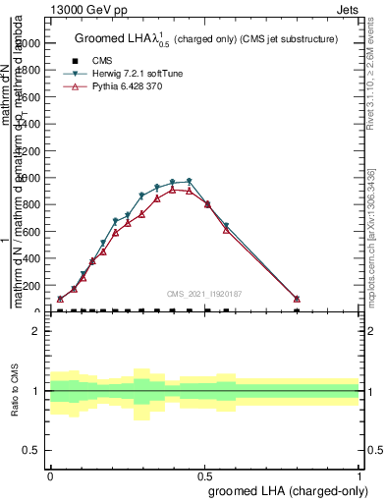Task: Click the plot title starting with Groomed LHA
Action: pyautogui.click(x=206, y=39)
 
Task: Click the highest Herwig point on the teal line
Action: pyautogui.click(x=189, y=181)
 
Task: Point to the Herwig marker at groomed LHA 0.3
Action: pyautogui.click(x=142, y=196)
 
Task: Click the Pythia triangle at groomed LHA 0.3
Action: pyautogui.click(x=142, y=213)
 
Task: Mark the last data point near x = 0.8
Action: pyautogui.click(x=297, y=299)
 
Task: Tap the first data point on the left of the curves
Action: pyautogui.click(x=60, y=299)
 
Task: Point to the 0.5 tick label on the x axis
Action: pyautogui.click(x=204, y=475)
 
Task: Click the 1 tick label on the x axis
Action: pyautogui.click(x=359, y=475)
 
